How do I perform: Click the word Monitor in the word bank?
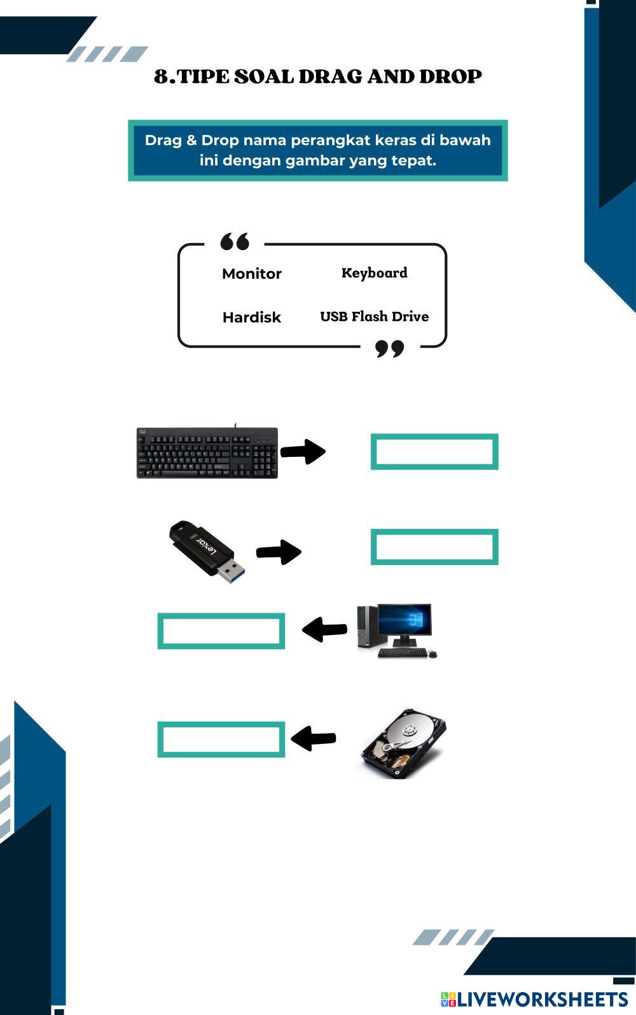pos(252,274)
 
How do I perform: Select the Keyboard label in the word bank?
pos(374,273)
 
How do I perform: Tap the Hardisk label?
pos(252,317)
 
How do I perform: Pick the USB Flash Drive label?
pos(374,316)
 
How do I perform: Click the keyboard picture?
pos(207,452)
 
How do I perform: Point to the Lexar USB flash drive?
pos(207,552)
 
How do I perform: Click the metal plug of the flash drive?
pos(232,570)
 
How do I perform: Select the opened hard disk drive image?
pos(403,743)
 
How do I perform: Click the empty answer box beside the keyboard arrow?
pos(434,452)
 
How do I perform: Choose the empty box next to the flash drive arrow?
pos(434,547)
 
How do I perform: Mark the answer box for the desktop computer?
pos(221,631)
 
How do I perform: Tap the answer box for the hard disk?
pos(221,739)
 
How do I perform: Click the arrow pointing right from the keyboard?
pos(303,451)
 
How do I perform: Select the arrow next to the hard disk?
pos(313,739)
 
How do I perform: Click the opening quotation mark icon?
pos(235,242)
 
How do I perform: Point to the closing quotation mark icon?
pos(390,349)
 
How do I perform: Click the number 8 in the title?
pos(161,76)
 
